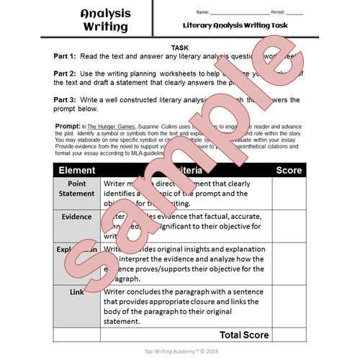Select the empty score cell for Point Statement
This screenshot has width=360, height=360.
tap(289, 193)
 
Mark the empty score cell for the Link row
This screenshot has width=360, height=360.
tap(289, 306)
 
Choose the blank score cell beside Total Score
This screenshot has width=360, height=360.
tap(289, 335)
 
